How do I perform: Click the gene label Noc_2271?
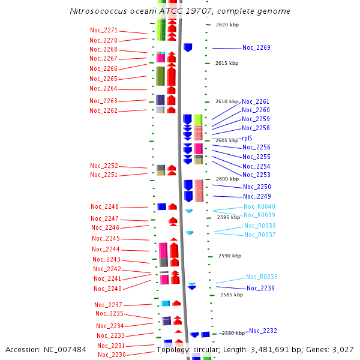103,31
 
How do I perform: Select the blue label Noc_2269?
256,47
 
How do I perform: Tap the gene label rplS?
247,138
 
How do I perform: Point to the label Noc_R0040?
259,206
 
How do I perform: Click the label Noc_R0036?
262,277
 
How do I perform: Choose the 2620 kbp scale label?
227,25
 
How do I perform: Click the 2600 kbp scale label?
227,179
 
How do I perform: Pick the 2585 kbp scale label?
232,295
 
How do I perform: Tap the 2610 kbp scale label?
227,101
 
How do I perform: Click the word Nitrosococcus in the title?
97,11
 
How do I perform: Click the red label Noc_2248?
104,206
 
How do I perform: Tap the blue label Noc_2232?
263,331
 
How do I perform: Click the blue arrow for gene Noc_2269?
188,47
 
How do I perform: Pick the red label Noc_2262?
103,110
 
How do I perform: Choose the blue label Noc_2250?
257,187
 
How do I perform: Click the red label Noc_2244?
106,249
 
